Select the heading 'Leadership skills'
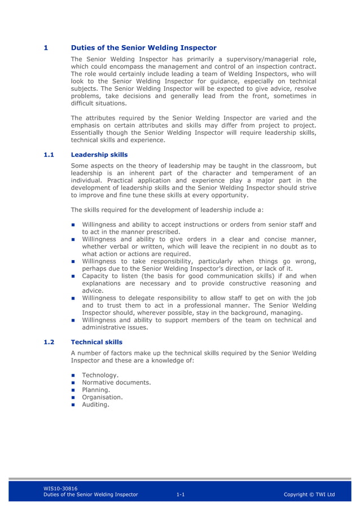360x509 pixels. pos(99,155)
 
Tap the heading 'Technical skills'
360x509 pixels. pos(96,342)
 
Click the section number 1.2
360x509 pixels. pos(49,342)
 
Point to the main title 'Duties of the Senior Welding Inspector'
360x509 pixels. pos(143,48)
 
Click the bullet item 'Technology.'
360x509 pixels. pos(100,375)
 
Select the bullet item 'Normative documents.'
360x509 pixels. pos(116,383)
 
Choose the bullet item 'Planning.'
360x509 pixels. pos(96,390)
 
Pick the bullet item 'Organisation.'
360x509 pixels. pos(102,397)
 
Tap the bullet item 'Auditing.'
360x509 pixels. pos(95,405)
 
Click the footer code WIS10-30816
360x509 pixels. pos(60,488)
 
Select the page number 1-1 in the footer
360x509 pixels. pos(181,495)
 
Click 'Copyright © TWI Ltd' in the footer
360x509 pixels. pos(309,495)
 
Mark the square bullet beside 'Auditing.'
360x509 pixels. pos(73,405)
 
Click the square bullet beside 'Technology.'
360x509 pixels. pos(73,375)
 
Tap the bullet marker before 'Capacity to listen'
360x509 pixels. pos(73,276)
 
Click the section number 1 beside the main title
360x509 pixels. pos(46,48)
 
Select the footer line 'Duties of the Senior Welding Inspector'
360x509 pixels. pos(90,495)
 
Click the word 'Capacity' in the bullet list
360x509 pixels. pos(95,276)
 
